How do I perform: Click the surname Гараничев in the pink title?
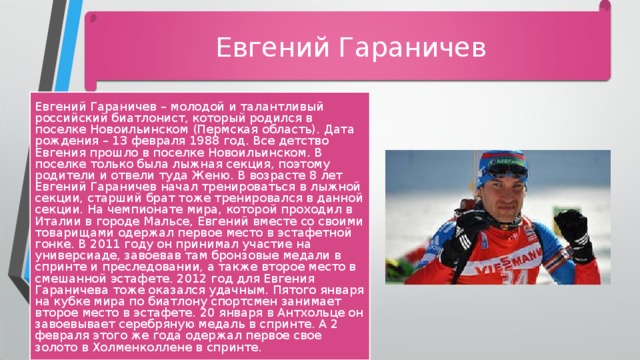click(x=412, y=47)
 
